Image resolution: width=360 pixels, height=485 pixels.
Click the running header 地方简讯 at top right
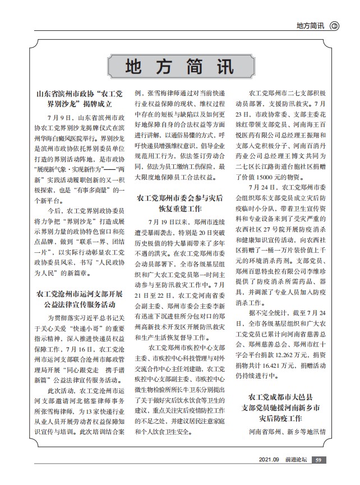(x=310, y=26)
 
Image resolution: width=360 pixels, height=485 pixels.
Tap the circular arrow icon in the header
(x=335, y=26)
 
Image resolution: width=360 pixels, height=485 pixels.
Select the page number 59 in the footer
(x=318, y=460)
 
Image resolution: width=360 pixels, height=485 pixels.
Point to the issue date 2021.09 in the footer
(x=269, y=460)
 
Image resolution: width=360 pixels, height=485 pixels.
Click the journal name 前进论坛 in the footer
(x=296, y=460)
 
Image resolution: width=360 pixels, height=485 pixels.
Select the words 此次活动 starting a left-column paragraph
(x=61, y=391)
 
